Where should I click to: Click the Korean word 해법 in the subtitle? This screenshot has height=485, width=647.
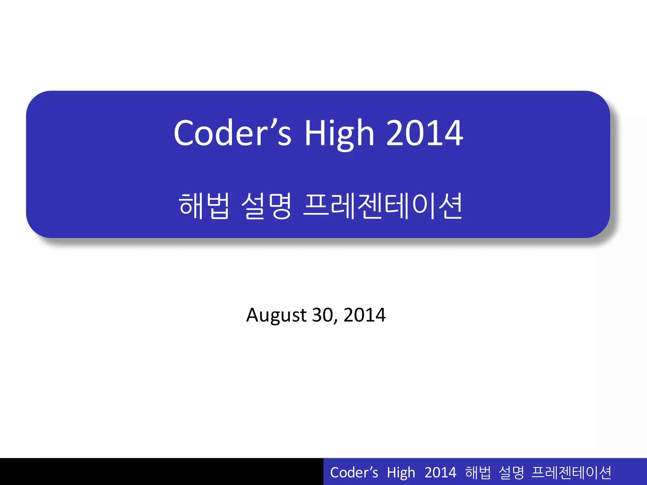[204, 206]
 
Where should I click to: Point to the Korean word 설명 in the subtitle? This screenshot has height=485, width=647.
[266, 206]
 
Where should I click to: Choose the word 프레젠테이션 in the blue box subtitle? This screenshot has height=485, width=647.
[383, 206]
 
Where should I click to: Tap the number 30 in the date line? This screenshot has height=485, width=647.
[322, 315]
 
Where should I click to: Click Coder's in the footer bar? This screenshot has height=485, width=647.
[354, 473]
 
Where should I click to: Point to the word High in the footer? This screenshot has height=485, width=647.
[401, 473]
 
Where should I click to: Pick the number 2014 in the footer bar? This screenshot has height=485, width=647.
[440, 473]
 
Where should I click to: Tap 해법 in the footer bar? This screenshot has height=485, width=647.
[478, 473]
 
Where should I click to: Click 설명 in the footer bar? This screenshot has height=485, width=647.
[511, 473]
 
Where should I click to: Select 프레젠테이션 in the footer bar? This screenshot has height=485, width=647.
[571, 473]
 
